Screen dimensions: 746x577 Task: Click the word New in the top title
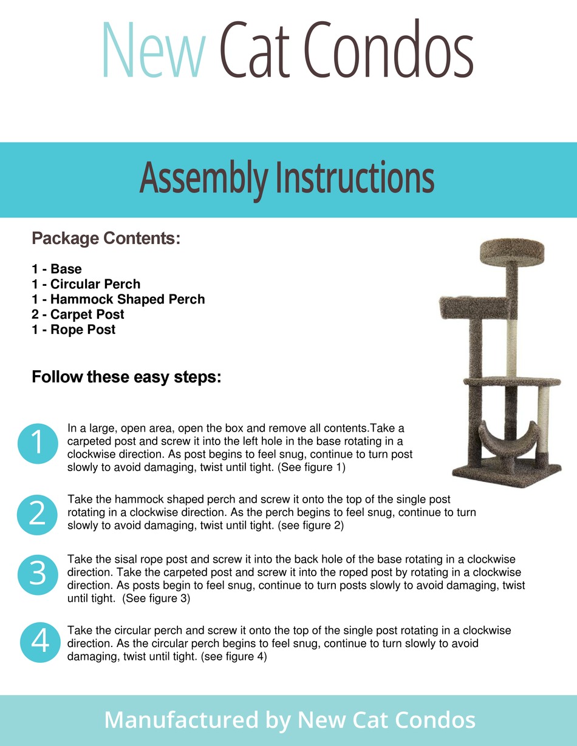154,50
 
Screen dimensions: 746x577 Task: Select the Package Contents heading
106,239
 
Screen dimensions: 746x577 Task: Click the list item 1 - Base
56,269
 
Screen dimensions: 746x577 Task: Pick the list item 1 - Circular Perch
86,284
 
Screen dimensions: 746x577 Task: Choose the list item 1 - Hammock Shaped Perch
118,299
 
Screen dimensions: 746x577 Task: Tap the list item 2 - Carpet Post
78,314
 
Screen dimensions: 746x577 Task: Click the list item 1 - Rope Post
73,330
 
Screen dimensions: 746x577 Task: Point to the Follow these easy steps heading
126,378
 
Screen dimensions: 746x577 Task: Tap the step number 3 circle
37,574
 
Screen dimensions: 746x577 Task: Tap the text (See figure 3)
156,598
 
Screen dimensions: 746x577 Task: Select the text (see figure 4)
234,656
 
